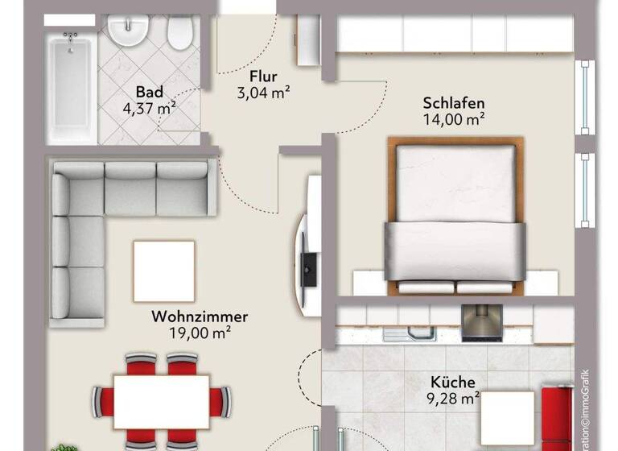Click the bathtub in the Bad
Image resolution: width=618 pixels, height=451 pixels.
[x=73, y=89]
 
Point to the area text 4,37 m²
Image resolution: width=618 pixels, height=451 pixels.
[x=149, y=106]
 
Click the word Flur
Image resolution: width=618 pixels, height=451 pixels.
[x=263, y=77]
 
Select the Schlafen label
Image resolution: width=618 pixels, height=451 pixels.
[x=454, y=104]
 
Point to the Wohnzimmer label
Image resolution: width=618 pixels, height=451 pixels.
[x=200, y=317]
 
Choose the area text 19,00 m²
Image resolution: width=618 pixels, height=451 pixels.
[x=200, y=332]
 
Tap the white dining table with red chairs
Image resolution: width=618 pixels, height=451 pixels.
[x=161, y=398]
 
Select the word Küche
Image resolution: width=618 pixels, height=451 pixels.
[x=451, y=383]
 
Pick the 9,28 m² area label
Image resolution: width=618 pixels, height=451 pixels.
[x=451, y=397]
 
